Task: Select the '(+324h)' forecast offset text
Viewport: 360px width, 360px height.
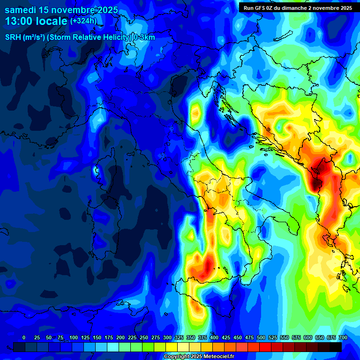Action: [83, 21]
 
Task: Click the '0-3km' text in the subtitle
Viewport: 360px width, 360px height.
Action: [144, 37]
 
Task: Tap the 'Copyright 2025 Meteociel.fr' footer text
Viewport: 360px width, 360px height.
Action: [199, 356]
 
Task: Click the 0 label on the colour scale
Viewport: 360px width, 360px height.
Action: [24, 337]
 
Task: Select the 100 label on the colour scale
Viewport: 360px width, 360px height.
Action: [74, 337]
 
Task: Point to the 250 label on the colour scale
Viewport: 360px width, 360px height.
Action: [144, 337]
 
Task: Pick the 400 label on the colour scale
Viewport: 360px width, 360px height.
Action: [214, 337]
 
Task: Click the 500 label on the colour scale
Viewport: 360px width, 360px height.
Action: [261, 337]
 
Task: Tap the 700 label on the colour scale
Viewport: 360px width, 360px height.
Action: [343, 337]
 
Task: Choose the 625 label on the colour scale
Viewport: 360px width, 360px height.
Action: [320, 337]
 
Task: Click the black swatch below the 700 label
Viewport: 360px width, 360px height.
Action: [336, 347]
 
